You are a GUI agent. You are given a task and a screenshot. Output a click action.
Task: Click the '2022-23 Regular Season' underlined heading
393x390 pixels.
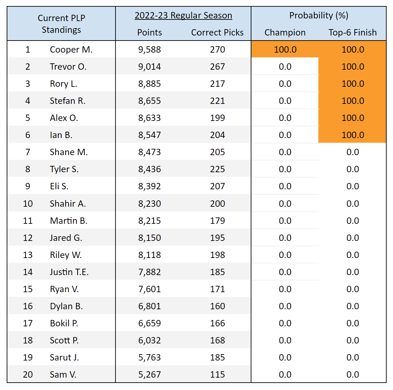pyautogui.click(x=183, y=15)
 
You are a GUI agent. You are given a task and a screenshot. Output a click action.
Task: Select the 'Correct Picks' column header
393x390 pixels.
pyautogui.click(x=217, y=32)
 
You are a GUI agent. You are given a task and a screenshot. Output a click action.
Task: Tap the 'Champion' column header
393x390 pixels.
pyautogui.click(x=285, y=32)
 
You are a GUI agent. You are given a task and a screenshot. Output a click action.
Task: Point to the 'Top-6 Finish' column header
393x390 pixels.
pyautogui.click(x=352, y=32)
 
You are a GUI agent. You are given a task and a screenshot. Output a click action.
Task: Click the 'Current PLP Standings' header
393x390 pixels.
pyautogui.click(x=61, y=24)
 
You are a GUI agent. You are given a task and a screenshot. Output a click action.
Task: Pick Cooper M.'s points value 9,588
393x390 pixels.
pyautogui.click(x=149, y=50)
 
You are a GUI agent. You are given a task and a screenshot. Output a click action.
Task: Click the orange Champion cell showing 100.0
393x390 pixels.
pyautogui.click(x=285, y=50)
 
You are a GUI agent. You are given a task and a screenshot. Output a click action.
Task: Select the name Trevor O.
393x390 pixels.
pyautogui.click(x=68, y=67)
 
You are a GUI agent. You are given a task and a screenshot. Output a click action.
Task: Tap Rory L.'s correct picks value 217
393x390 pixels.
pyautogui.click(x=217, y=84)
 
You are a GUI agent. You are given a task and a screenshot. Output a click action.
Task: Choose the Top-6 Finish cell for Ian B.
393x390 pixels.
pyautogui.click(x=352, y=135)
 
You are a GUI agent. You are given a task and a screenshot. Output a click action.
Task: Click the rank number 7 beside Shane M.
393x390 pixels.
pyautogui.click(x=28, y=152)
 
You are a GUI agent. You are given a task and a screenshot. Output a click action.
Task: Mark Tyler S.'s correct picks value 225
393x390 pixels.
pyautogui.click(x=217, y=169)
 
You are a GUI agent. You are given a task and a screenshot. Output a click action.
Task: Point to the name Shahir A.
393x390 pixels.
pyautogui.click(x=68, y=204)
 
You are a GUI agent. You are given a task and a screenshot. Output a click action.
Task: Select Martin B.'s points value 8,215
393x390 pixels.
pyautogui.click(x=149, y=221)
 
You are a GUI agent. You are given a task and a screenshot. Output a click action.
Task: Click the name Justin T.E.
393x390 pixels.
pyautogui.click(x=69, y=272)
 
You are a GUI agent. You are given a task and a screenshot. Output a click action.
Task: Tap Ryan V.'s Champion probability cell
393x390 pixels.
pyautogui.click(x=285, y=289)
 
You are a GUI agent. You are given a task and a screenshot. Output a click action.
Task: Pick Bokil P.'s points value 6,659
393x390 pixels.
pyautogui.click(x=149, y=323)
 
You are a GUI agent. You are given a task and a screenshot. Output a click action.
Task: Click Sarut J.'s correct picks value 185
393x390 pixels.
pyautogui.click(x=217, y=357)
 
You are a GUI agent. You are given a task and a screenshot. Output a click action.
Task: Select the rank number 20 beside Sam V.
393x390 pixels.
pyautogui.click(x=28, y=375)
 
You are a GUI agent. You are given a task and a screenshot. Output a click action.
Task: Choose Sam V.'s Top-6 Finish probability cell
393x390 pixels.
pyautogui.click(x=352, y=375)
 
